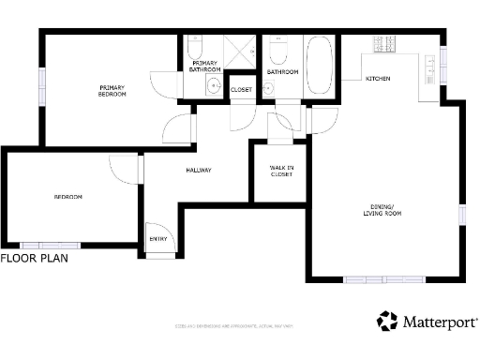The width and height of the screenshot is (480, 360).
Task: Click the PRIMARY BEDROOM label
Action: click(x=112, y=91)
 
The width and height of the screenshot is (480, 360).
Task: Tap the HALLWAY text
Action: click(x=198, y=171)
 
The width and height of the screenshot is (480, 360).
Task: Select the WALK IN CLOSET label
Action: click(x=281, y=171)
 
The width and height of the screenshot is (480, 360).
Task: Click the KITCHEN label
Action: click(x=378, y=79)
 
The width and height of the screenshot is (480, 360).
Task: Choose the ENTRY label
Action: click(x=158, y=239)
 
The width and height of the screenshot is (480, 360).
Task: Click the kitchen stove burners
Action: click(x=383, y=43)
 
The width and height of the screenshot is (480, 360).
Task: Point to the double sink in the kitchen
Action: click(x=430, y=66)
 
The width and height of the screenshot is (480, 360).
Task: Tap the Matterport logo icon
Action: click(x=387, y=322)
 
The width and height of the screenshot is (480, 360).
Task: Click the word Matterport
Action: click(x=440, y=322)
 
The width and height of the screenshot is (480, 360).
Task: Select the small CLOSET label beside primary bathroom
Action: click(x=241, y=90)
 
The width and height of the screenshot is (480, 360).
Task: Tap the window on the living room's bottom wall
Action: click(x=383, y=278)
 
